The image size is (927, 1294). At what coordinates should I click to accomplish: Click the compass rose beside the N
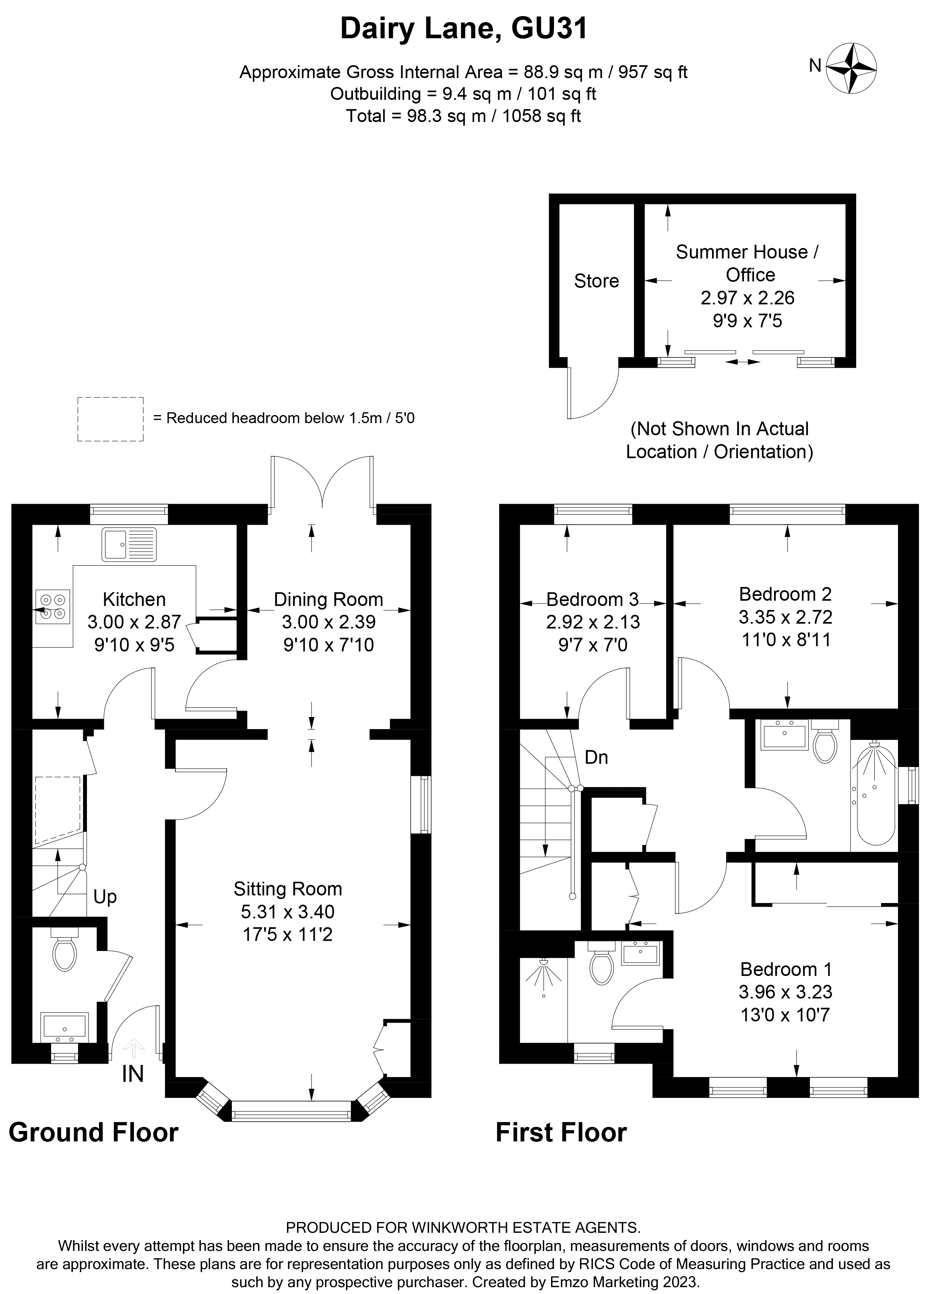[851, 68]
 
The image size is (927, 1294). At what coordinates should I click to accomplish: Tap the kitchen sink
[129, 544]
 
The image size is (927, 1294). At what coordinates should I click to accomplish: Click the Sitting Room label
[287, 888]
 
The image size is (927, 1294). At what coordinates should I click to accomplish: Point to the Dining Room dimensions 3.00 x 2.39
[328, 622]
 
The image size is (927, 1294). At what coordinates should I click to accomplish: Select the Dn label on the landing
[596, 757]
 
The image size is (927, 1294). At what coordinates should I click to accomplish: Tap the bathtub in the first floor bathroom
[873, 794]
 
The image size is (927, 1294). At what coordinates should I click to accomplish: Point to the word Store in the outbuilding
[596, 281]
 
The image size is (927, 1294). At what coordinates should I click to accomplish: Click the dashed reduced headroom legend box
[110, 419]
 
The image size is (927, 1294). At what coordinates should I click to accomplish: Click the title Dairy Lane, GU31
[463, 29]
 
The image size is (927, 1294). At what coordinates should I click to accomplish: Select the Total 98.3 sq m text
[463, 116]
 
